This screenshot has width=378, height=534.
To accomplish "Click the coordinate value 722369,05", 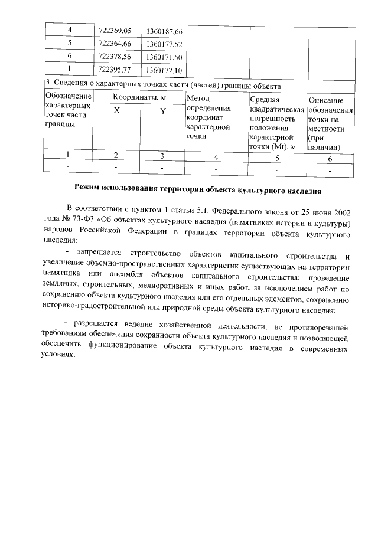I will pos(118,30).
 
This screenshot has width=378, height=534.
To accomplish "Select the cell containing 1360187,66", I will pos(164,30).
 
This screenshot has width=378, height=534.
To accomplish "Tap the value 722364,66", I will pos(118,43).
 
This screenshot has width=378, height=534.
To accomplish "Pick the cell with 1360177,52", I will pos(164,44).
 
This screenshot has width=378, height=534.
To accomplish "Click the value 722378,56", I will pos(118,56).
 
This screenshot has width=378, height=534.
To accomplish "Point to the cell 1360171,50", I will pos(164,57).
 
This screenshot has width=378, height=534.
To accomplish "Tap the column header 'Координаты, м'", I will pos(139,97).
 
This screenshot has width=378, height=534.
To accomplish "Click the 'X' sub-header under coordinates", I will pos(116,111).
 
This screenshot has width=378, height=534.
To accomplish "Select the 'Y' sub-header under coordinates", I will pos(162,112).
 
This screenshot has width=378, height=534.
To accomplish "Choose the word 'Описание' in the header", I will pos(326,101).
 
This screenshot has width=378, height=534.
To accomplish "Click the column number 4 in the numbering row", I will pos(216,157).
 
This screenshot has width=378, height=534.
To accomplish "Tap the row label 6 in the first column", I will pos(69,56).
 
